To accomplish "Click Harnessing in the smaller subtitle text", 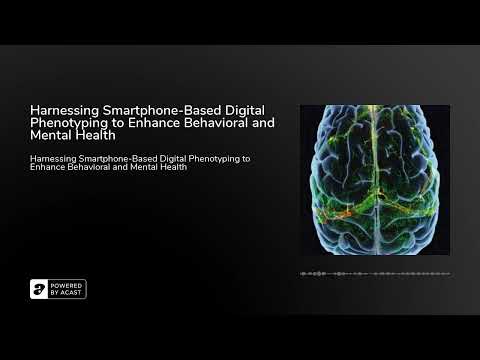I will pos(53,157).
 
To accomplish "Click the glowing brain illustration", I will pos(374,180).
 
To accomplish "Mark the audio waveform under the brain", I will pos(374,273).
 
